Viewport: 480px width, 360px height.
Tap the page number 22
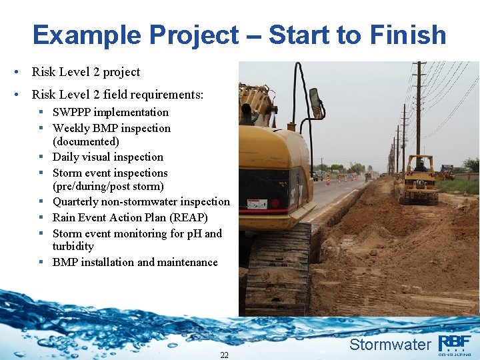(x=224, y=355)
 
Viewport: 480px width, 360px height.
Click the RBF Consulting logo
(x=455, y=344)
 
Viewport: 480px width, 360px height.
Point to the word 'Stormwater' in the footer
(x=390, y=345)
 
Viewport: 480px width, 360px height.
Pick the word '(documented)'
(x=86, y=141)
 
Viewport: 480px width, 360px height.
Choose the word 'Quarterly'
(x=79, y=201)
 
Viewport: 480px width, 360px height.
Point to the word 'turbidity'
(x=73, y=246)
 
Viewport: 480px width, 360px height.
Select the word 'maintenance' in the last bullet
(x=185, y=262)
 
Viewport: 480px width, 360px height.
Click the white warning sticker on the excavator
(x=257, y=204)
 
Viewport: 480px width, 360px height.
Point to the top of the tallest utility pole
(x=419, y=65)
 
